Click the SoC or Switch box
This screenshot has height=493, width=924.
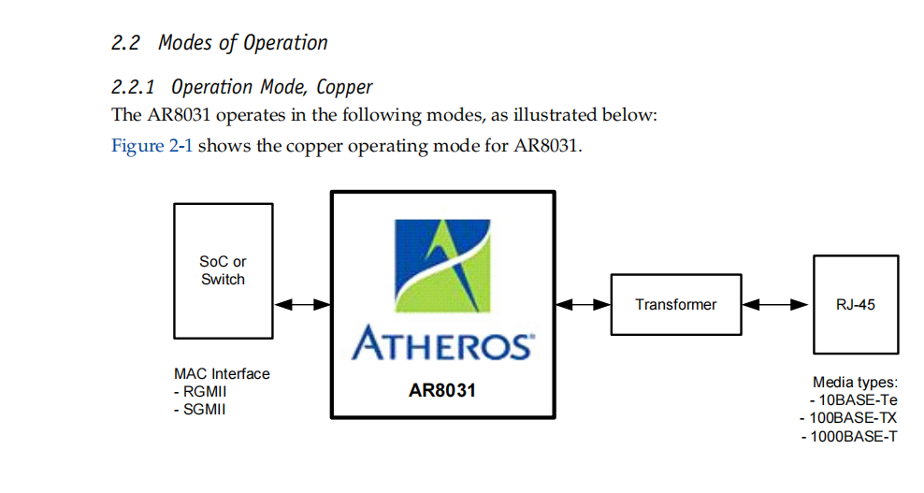[x=223, y=269]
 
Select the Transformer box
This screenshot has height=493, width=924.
[x=675, y=304]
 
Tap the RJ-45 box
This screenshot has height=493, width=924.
[x=855, y=304]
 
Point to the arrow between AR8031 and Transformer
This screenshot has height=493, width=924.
[x=583, y=304]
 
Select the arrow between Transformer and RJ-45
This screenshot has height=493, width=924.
[x=775, y=304]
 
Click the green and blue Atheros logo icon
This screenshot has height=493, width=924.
[x=441, y=267]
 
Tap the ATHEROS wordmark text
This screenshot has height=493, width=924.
[x=441, y=345]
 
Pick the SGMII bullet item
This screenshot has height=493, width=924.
[x=203, y=410]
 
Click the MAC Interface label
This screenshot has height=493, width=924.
[x=222, y=374]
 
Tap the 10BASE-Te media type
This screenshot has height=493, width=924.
[x=852, y=399]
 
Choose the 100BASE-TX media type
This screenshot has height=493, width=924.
[x=849, y=417]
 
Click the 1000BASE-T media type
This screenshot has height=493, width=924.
[x=849, y=435]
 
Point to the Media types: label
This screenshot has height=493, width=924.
[x=855, y=382]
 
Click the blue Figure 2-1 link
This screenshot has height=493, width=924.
[x=152, y=147]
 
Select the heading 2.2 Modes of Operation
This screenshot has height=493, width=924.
[x=220, y=43]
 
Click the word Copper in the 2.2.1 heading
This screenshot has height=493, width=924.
[x=344, y=87]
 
